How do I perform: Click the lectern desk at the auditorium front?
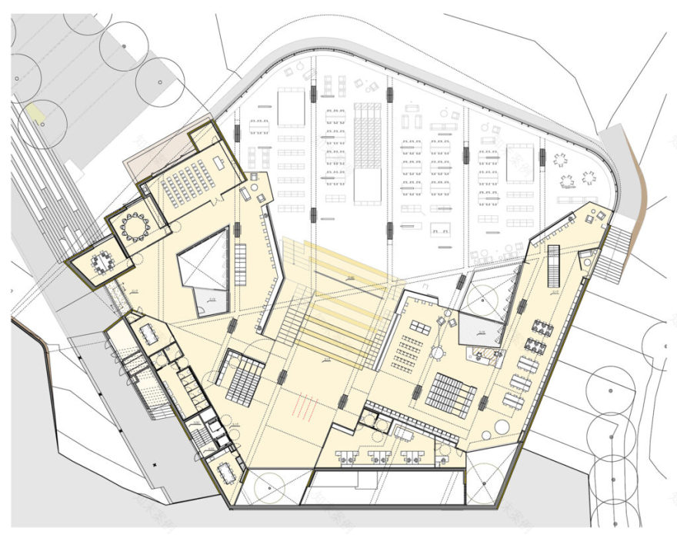(x=219, y=162)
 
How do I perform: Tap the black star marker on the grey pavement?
(x=153, y=466)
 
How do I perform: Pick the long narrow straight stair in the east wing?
(x=553, y=267)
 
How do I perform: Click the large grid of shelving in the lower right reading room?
(x=451, y=393)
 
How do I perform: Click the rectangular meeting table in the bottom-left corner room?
(x=228, y=471)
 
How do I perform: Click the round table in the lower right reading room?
(x=436, y=352)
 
